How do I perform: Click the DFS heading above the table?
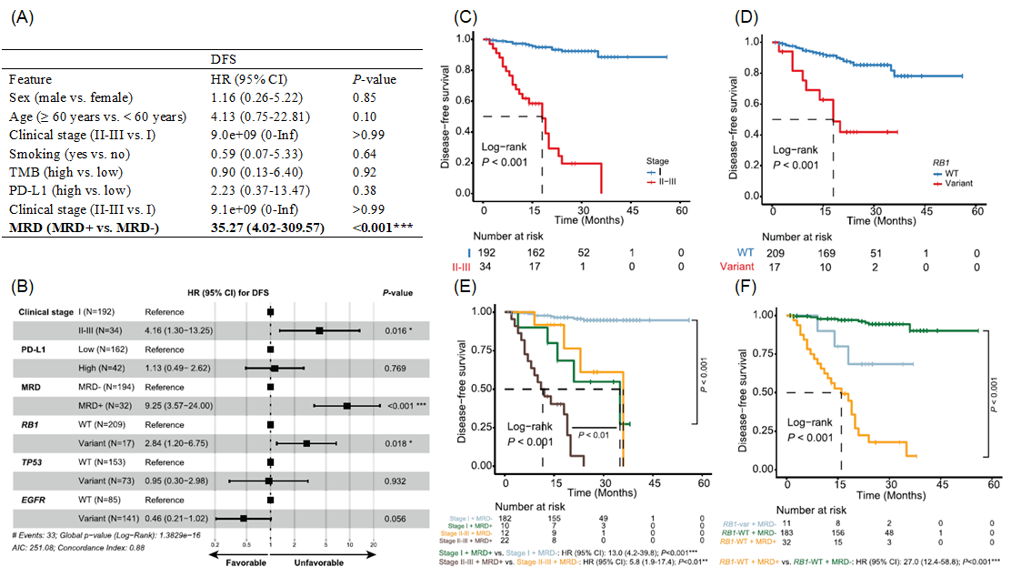tap(225, 57)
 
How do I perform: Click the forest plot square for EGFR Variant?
tap(243, 518)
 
